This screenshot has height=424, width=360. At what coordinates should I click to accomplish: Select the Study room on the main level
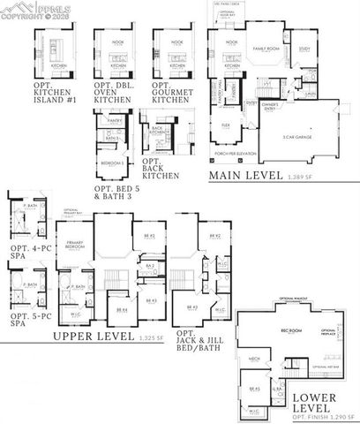point(304,49)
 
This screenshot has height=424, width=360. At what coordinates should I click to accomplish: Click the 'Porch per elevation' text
point(235,155)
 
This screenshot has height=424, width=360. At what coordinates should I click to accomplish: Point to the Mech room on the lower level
point(254,360)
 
